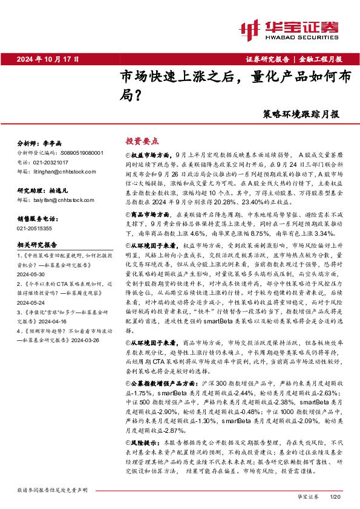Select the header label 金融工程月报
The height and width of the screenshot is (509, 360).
(321, 59)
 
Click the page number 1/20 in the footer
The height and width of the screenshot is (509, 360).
(336, 496)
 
